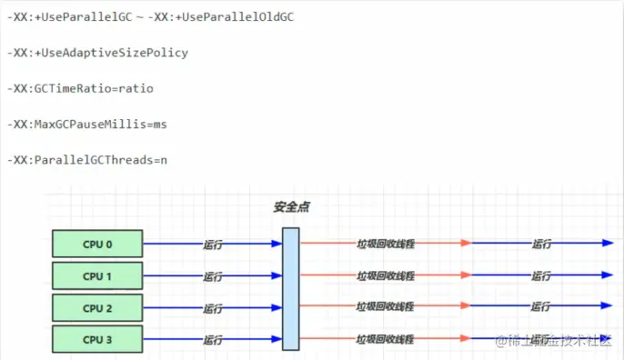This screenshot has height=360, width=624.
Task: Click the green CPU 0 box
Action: coord(97,244)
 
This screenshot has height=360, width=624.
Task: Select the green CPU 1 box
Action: coord(97,275)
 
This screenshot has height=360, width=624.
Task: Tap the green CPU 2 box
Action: coord(97,307)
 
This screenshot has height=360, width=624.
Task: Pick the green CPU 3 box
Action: coord(97,340)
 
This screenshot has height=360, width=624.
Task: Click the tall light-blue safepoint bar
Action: coord(290,288)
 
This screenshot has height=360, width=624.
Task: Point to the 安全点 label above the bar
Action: coord(291,207)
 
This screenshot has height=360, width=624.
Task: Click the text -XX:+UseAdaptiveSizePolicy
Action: coord(97,53)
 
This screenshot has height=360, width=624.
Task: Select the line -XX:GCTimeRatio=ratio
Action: coord(81,88)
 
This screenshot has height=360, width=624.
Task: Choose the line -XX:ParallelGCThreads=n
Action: coord(87,159)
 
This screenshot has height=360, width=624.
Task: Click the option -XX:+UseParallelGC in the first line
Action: coord(68,17)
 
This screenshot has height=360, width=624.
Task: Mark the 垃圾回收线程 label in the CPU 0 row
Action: coord(386,245)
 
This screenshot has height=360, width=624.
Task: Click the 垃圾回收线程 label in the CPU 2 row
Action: coord(386,307)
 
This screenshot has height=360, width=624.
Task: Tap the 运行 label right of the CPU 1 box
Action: coord(213,276)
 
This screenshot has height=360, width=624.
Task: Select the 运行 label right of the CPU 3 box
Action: coord(213,340)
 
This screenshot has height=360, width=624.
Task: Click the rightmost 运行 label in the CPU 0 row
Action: coord(541,245)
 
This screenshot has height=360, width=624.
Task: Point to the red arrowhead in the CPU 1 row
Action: coord(465,275)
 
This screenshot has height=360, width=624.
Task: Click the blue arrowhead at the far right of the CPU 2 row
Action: coord(608,306)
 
